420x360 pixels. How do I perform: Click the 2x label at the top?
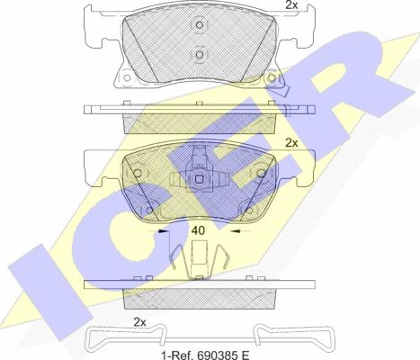(x=290, y=4)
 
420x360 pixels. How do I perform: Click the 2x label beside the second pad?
(x=291, y=143)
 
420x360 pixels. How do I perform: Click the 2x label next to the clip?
(x=139, y=322)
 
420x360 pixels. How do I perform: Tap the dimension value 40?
(x=198, y=230)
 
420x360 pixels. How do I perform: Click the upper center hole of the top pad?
(x=200, y=25)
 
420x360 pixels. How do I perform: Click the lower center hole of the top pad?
(x=200, y=55)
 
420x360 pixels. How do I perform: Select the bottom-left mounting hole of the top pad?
(x=127, y=77)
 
